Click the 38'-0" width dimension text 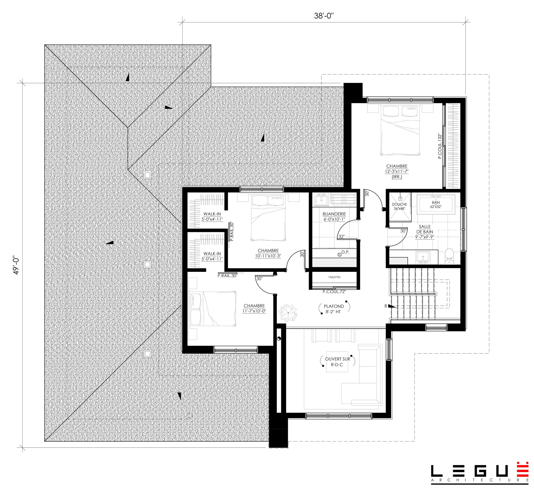click(x=324, y=16)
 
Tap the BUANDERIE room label click(x=334, y=214)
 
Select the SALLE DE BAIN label click(x=424, y=229)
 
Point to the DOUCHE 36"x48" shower click(x=400, y=207)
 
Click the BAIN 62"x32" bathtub click(x=436, y=204)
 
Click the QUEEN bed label click(x=411, y=109)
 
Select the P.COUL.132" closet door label click(x=440, y=146)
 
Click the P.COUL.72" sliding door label click(x=334, y=292)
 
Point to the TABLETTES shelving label click(x=334, y=277)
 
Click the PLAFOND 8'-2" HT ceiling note click(x=334, y=309)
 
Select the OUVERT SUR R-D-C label click(x=337, y=362)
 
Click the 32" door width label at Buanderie click(x=342, y=236)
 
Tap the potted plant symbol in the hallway click(x=288, y=312)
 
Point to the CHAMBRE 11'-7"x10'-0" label click(x=254, y=308)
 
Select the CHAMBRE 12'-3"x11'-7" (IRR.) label click(x=397, y=171)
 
